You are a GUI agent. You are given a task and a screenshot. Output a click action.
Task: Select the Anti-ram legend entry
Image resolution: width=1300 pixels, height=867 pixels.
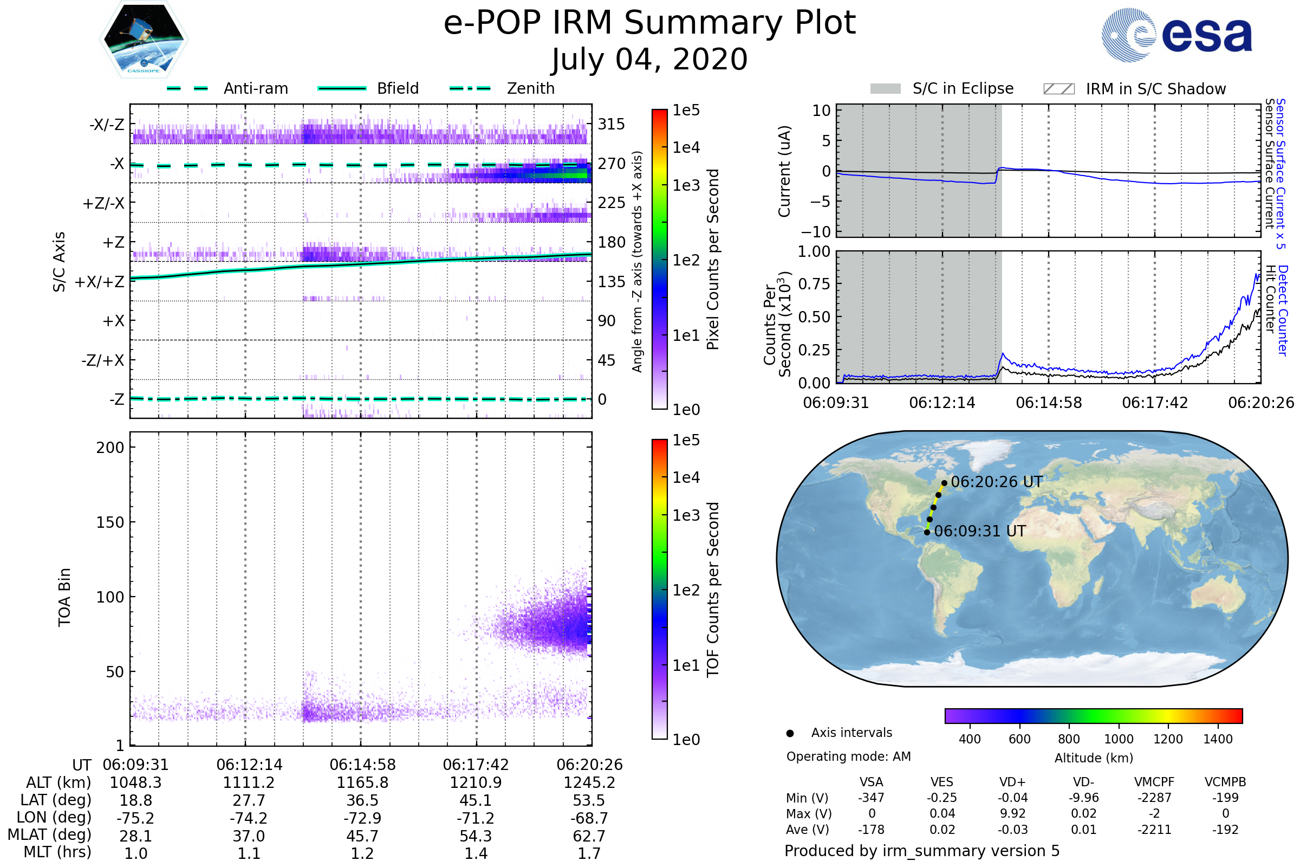227,88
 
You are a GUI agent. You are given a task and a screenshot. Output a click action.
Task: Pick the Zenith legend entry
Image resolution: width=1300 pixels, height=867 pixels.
502,88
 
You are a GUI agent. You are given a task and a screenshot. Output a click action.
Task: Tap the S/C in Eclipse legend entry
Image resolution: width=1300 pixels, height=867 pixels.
941,88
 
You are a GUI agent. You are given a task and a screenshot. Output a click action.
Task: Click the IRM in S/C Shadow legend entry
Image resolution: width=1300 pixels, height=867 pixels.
1134,89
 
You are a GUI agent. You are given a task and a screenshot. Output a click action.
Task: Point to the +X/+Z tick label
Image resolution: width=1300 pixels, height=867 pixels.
100,282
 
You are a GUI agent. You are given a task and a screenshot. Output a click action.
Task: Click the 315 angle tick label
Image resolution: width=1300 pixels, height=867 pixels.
611,124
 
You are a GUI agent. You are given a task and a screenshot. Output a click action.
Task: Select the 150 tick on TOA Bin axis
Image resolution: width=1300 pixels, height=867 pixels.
110,522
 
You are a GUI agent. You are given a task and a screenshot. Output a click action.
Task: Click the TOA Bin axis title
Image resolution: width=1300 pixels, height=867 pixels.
64,597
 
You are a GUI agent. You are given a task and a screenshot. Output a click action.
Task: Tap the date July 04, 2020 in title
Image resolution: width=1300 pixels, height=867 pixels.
649,60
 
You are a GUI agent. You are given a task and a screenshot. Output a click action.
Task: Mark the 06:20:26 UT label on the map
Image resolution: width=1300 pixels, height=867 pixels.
996,482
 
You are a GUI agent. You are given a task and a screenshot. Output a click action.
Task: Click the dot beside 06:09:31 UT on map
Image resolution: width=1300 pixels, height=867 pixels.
927,532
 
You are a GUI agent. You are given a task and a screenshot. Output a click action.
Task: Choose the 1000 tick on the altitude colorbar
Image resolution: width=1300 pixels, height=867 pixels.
1118,739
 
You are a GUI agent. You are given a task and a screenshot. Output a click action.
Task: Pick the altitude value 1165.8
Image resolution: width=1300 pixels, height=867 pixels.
362,782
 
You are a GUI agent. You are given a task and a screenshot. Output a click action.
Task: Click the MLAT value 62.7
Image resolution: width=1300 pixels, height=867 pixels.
589,836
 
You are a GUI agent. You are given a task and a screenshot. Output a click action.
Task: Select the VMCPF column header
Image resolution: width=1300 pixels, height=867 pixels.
1154,782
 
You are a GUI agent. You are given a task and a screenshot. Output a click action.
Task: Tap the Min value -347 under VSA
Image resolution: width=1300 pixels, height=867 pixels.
871,798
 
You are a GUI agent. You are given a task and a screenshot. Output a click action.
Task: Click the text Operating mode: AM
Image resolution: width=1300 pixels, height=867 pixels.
848,756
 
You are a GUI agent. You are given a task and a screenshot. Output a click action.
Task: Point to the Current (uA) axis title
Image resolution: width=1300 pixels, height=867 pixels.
784,171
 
